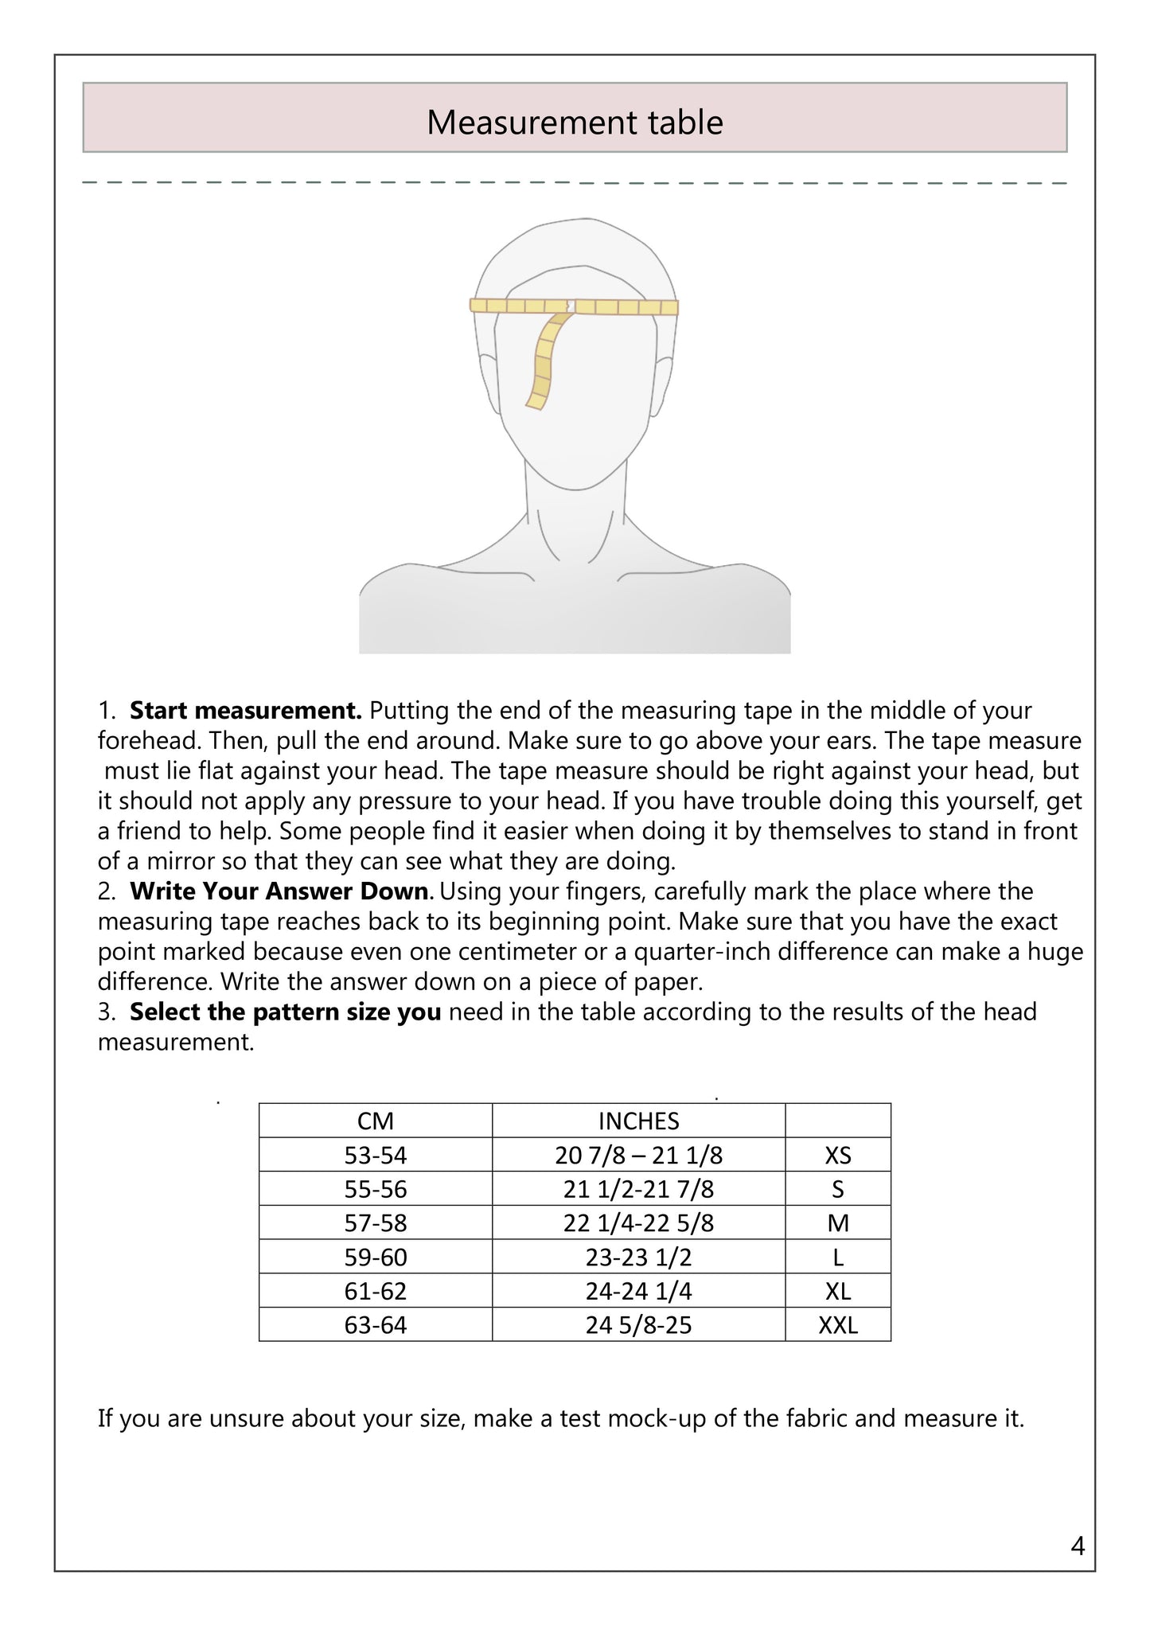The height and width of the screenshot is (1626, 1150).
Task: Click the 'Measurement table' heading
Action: tap(575, 122)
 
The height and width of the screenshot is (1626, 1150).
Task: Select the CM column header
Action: tap(375, 1121)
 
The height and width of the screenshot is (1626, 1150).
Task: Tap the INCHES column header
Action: tap(638, 1121)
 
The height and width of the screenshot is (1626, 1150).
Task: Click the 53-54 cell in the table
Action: tap(375, 1156)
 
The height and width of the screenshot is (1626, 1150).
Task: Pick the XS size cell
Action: tap(837, 1156)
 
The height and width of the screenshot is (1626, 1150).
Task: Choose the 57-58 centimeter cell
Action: tap(375, 1223)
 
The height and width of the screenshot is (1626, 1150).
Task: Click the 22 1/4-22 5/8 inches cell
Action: tap(638, 1223)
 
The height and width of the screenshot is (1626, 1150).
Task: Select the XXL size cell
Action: tap(837, 1325)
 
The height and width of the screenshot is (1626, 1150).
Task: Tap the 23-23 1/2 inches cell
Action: tap(638, 1258)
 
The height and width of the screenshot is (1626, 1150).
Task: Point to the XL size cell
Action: tap(837, 1291)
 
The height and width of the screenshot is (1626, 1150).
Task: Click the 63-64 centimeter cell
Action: tap(375, 1325)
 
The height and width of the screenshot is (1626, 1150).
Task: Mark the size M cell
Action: tap(837, 1223)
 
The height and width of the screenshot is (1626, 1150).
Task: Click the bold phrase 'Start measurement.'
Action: tap(246, 710)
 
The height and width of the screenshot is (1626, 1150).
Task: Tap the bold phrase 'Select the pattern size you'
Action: tap(285, 1012)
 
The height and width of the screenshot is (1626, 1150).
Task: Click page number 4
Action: tap(1078, 1546)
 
